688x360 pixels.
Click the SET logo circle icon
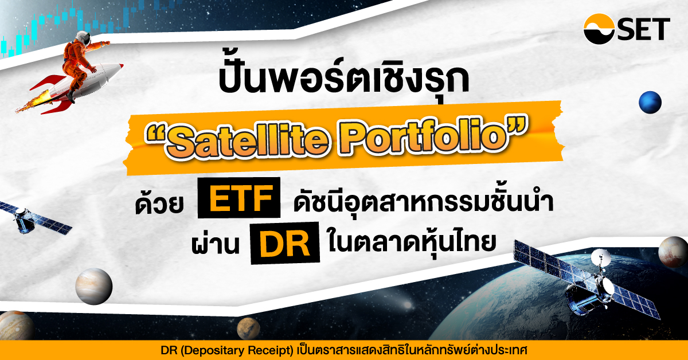(x=599, y=29)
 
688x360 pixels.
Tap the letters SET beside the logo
(x=643, y=29)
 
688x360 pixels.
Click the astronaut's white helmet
(x=83, y=38)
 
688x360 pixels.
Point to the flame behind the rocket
(x=32, y=101)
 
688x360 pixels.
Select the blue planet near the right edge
(x=650, y=102)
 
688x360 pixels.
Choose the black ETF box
(x=239, y=198)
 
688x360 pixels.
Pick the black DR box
(x=285, y=243)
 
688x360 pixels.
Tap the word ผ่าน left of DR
(x=214, y=243)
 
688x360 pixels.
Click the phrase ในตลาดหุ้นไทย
(x=412, y=242)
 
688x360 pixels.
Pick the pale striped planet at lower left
(x=94, y=286)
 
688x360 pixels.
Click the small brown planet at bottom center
(x=248, y=328)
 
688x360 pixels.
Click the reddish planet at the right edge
(x=673, y=252)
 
